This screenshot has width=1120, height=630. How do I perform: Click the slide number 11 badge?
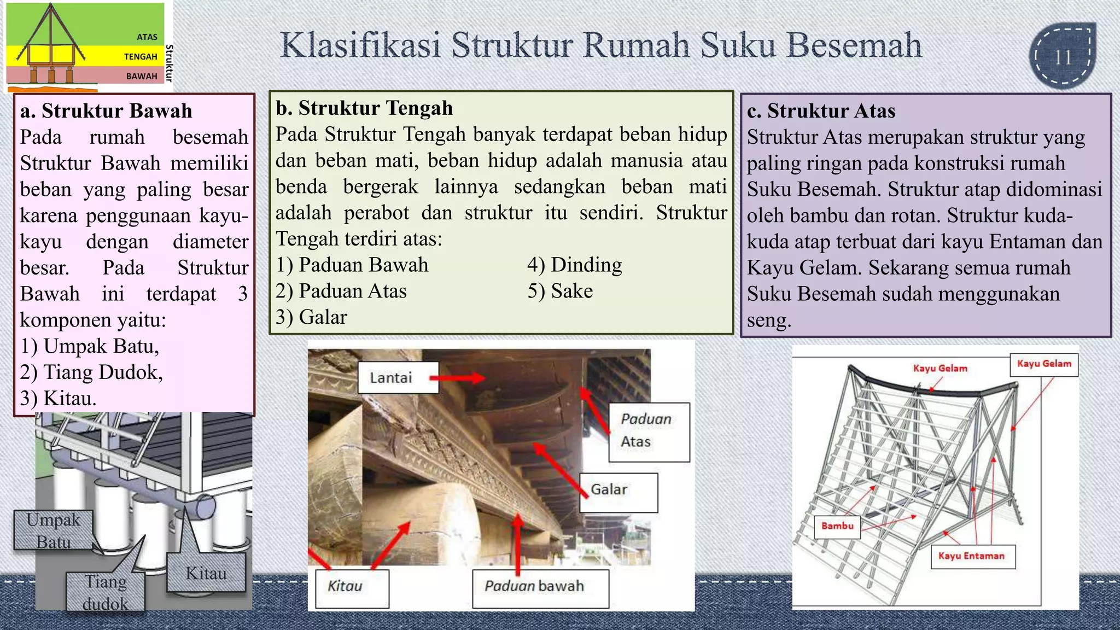pos(1063,57)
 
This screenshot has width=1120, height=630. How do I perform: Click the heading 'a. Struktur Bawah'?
pos(106,111)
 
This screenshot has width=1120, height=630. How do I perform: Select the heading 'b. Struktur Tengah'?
pos(364,108)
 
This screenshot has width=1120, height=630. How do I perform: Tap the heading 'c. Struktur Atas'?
pos(821,111)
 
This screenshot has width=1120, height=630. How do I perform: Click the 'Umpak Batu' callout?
pos(53,530)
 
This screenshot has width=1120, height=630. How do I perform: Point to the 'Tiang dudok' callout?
pos(105,593)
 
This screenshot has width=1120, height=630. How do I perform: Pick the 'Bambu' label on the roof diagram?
pos(837,526)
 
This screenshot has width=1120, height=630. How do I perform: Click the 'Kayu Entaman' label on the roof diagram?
pos(972,556)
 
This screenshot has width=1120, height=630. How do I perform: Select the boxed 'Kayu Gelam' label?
pos(1043,364)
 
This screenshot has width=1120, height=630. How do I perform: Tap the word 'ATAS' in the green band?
pos(147,37)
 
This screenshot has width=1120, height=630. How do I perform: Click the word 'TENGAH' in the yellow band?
pos(141,57)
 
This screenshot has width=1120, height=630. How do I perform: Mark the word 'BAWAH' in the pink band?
pos(142,77)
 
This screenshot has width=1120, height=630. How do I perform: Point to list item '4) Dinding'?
pos(575,265)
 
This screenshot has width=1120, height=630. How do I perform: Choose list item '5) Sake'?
pos(560,291)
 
